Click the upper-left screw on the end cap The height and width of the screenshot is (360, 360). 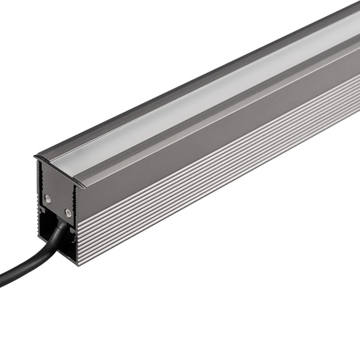[x=48, y=198]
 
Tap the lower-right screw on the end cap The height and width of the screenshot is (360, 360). [x=67, y=213]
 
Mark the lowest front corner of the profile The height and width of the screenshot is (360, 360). [x=74, y=263]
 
